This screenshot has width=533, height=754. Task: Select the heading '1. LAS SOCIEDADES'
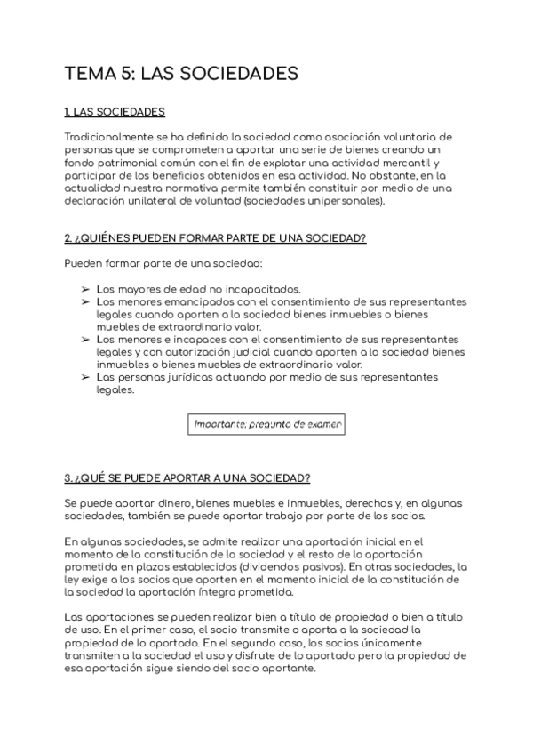coord(115,113)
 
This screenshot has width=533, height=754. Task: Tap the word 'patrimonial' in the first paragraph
coord(126,163)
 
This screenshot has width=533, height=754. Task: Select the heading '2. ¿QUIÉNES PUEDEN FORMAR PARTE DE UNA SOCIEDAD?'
coord(215,239)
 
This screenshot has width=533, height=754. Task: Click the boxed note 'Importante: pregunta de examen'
coord(267,424)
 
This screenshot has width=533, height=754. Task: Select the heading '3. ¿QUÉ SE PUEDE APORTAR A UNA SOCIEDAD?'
coord(187,477)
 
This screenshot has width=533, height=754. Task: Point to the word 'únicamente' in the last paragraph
coord(421,641)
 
